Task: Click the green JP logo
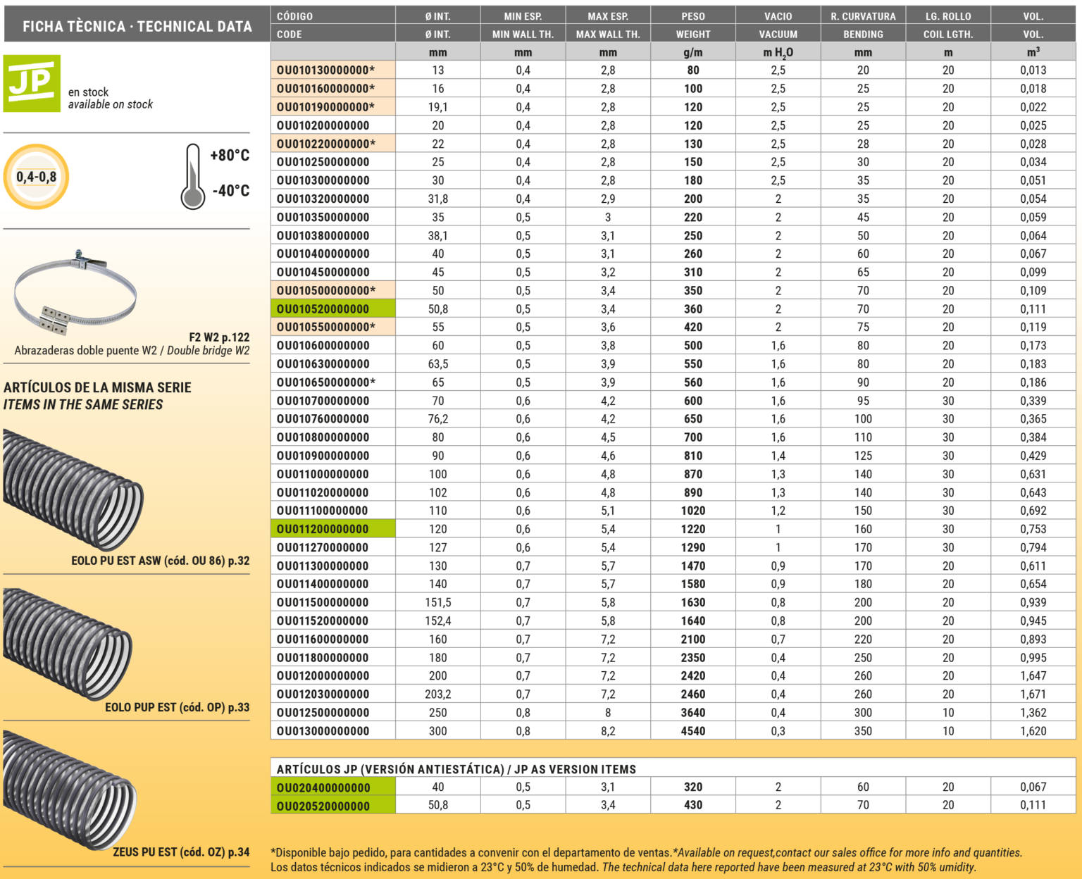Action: [32, 83]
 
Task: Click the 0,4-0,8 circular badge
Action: [37, 177]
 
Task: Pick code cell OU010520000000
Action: [323, 309]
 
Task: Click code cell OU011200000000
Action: [323, 530]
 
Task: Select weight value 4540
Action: [692, 731]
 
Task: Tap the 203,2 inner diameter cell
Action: [437, 694]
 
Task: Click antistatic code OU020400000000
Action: [323, 787]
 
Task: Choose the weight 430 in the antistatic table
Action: [692, 805]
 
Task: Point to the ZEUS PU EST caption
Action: [181, 852]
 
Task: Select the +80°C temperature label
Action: [230, 156]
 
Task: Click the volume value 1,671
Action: [1033, 694]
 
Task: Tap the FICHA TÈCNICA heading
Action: [137, 27]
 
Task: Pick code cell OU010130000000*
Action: [325, 70]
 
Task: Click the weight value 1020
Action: [692, 511]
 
